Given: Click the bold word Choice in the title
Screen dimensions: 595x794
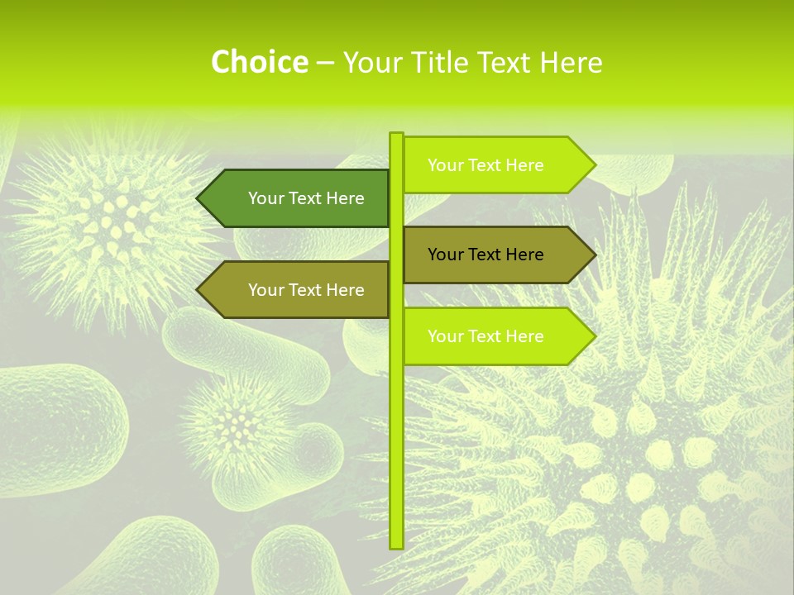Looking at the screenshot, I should click(259, 62).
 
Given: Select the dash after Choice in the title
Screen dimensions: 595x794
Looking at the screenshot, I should click(325, 63).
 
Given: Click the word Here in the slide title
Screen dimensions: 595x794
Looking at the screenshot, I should click(571, 62).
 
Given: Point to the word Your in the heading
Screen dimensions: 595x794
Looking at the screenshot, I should click(373, 62).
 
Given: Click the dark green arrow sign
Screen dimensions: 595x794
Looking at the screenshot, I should click(298, 198).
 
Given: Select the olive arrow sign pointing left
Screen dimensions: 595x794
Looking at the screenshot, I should click(298, 290).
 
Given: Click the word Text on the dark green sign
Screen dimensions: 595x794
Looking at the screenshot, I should click(306, 198).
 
